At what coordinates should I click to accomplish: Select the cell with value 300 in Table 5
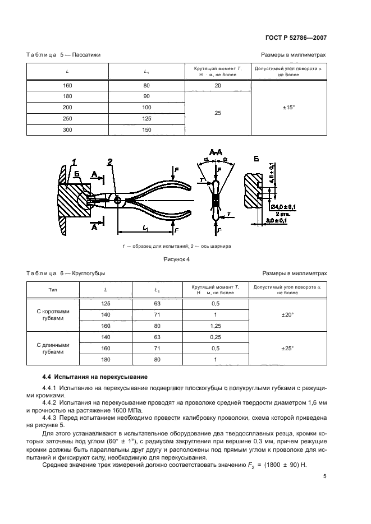point(67,130)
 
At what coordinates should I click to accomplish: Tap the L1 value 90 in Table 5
point(146,96)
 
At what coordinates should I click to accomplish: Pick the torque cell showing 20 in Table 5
point(218,85)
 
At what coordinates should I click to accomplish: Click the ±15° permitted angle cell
point(288,108)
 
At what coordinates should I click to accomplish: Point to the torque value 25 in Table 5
point(218,113)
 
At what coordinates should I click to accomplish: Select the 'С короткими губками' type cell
point(53,315)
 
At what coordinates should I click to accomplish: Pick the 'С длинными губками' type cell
point(53,348)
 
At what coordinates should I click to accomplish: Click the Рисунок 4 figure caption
point(176,259)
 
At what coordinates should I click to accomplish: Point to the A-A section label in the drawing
point(216,152)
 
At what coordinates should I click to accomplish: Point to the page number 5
point(325,477)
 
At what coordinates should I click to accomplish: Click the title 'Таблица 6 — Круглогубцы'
point(66,273)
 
